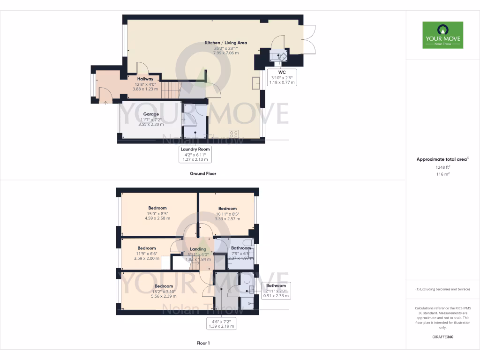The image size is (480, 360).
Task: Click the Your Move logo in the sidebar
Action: (442, 35)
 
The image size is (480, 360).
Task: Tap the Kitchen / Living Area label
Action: (226, 43)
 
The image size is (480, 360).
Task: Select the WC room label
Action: (282, 72)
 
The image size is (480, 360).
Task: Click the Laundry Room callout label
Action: (195, 149)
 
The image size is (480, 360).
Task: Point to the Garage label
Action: (151, 114)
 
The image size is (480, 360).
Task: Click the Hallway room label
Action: (145, 79)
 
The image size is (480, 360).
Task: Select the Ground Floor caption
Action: (202, 173)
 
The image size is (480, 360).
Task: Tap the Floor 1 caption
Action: (203, 343)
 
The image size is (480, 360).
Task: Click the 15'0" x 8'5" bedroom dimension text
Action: (157, 213)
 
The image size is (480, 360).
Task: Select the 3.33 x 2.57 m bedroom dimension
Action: (227, 219)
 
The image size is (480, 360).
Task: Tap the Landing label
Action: (198, 249)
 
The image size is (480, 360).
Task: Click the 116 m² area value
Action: (442, 174)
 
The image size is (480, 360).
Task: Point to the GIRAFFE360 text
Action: (442, 337)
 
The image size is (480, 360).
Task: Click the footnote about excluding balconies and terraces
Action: (442, 289)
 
